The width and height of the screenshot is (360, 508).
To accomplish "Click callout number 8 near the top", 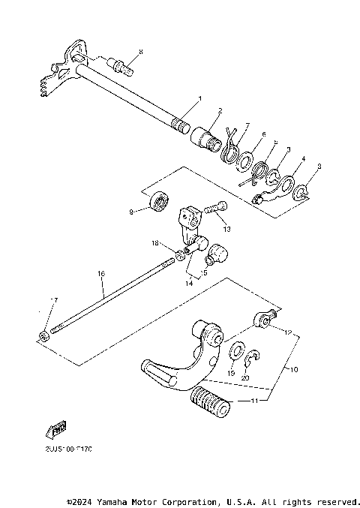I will pyautogui.click(x=139, y=51).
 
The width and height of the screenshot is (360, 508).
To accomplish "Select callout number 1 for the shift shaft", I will pyautogui.click(x=199, y=98).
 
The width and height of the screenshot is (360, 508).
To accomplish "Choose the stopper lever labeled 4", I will pyautogui.click(x=269, y=192).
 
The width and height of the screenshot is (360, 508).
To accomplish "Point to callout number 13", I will pyautogui.click(x=227, y=229).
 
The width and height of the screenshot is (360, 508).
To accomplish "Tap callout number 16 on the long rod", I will pyautogui.click(x=100, y=275).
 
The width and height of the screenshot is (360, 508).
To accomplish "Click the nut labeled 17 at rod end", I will pyautogui.click(x=44, y=334).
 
